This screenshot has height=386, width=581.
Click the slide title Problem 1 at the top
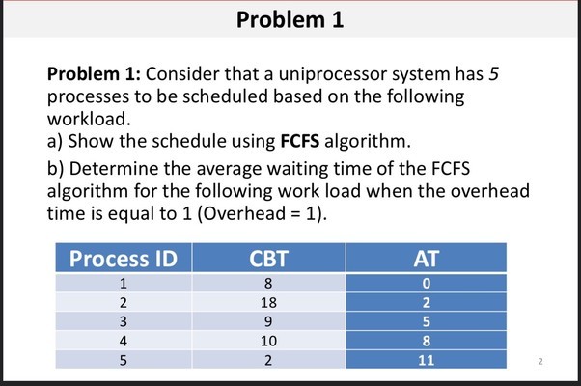click(x=290, y=20)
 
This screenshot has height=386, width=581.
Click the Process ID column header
click(x=124, y=258)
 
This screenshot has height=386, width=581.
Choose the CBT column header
click(x=268, y=258)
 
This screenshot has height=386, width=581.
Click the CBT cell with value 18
click(x=268, y=302)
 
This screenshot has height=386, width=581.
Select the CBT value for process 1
click(x=268, y=283)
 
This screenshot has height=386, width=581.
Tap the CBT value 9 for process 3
click(x=268, y=321)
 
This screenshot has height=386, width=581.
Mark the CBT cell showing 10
click(x=268, y=341)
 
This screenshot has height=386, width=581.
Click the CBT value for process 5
click(x=268, y=360)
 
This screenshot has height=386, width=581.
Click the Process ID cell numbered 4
click(x=124, y=341)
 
